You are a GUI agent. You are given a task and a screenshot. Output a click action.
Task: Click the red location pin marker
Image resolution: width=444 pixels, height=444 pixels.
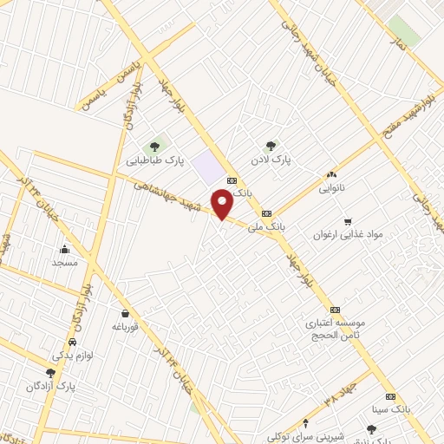222,204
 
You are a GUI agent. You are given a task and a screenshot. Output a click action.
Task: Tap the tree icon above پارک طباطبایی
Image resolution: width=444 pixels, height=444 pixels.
156,146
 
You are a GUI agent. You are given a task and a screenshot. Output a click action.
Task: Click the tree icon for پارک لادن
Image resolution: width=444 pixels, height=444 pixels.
271,146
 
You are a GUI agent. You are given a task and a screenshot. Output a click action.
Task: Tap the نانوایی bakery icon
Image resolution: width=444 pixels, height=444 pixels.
331,174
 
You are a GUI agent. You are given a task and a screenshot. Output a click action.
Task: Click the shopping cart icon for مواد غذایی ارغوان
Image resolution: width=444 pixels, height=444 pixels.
349,221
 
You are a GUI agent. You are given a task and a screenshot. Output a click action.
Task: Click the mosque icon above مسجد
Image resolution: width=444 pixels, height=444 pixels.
65,249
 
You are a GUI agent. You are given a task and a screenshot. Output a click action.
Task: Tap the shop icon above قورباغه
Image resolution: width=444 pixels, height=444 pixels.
126,313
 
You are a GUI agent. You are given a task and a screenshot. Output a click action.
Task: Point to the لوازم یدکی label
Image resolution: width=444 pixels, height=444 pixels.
71,356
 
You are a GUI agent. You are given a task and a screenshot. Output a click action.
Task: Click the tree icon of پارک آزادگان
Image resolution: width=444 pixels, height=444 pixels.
50,373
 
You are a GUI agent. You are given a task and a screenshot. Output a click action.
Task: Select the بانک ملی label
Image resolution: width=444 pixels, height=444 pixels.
266,226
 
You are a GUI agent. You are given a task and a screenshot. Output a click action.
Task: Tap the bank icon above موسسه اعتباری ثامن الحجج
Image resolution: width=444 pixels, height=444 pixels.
335,310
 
